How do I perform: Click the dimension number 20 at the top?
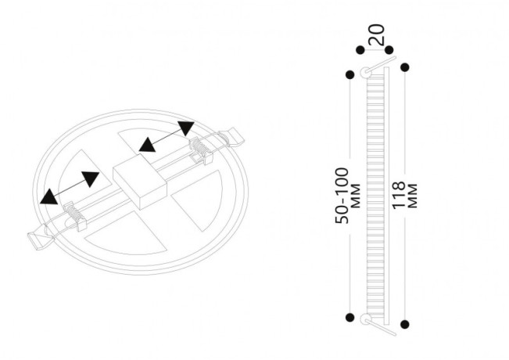coord(377,34)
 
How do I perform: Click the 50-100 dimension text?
coord(342,196)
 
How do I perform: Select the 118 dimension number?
coord(398,196)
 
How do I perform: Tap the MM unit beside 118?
coord(412,196)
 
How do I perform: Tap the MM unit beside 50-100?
coord(356,196)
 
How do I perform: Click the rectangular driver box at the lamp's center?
coord(140,182)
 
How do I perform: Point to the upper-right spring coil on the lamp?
coord(200,149)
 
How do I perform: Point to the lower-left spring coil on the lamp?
coord(74,214)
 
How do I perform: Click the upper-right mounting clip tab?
coord(231,136)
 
